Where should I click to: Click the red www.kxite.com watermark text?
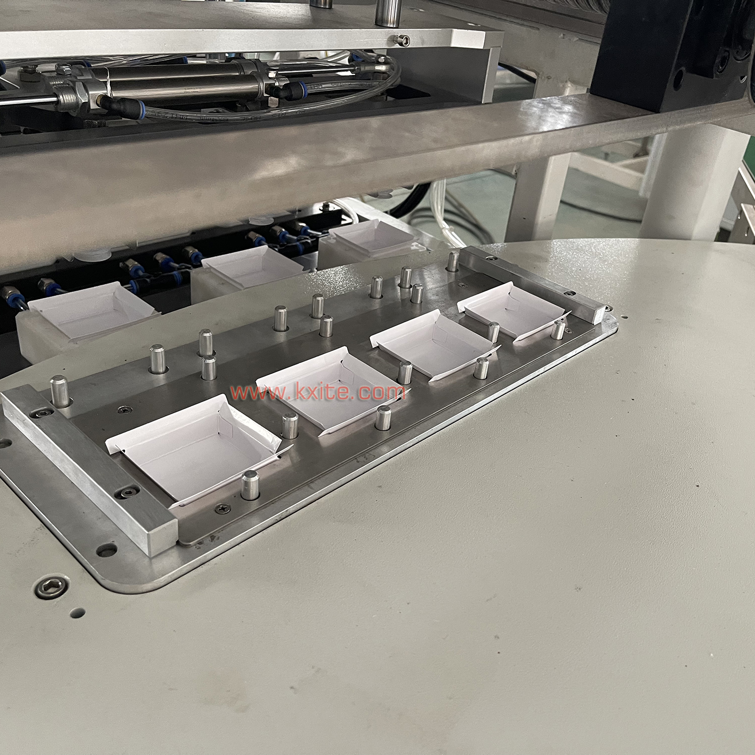tap(318, 392)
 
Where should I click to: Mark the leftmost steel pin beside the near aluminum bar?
tap(60, 392)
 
